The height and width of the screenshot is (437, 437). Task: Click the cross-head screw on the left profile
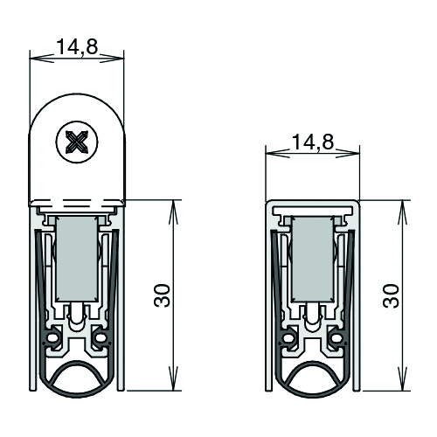(x=77, y=142)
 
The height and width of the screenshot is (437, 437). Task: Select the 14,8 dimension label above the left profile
(x=77, y=46)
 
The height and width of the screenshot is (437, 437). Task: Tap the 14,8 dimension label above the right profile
(x=313, y=142)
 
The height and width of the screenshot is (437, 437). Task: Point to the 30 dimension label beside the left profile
(x=162, y=295)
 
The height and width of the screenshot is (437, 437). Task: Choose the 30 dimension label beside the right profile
(x=391, y=295)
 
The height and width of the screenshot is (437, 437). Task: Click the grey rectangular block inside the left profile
(x=76, y=259)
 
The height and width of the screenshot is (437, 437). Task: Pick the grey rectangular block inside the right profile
(x=313, y=259)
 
